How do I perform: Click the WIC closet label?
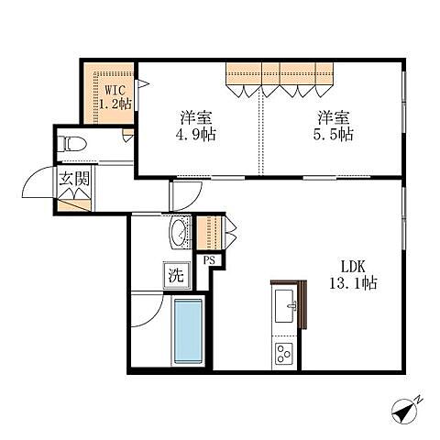[115, 90]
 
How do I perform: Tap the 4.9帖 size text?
[196, 134]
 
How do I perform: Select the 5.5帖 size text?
[334, 134]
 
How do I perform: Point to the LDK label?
[353, 267]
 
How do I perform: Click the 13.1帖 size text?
[353, 283]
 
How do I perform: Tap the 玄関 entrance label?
[74, 179]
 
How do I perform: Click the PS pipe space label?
[209, 260]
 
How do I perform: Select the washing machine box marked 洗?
[177, 276]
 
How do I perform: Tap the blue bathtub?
[188, 331]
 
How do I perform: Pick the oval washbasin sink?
[178, 233]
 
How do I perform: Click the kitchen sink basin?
[285, 306]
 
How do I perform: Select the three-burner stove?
[284, 354]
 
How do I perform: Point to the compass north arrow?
[404, 412]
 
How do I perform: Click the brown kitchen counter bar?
[302, 304]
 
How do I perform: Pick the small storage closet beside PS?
[209, 233]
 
